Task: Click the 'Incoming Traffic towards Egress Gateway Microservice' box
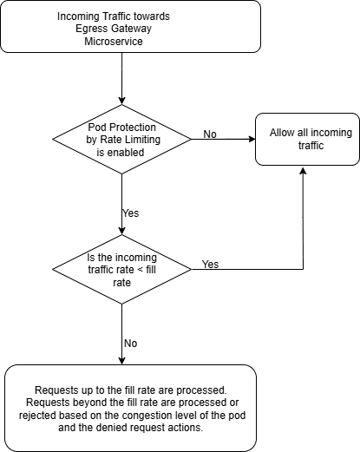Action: pos(130,29)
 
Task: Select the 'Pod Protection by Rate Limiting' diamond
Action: pos(121,138)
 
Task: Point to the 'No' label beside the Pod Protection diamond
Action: pos(210,134)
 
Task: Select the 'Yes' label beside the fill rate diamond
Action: pos(210,263)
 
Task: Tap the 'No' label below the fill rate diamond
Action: pos(130,343)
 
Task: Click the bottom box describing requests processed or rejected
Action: pos(130,408)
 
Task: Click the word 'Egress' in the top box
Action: pos(93,29)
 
